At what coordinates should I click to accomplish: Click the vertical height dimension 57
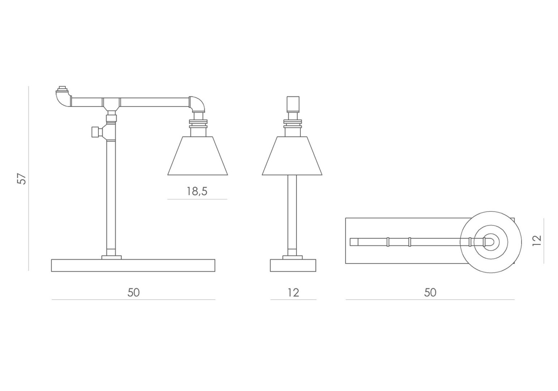(22, 179)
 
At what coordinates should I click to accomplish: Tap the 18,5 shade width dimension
(197, 192)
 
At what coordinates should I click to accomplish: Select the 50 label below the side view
(133, 293)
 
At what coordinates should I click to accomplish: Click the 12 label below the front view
(293, 293)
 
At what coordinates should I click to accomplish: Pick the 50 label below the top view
(430, 293)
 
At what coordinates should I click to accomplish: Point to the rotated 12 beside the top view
(537, 241)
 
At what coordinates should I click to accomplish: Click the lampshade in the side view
(198, 156)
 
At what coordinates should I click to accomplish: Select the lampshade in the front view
(292, 156)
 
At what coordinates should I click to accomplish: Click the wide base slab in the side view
(133, 265)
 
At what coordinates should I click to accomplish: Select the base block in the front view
(293, 265)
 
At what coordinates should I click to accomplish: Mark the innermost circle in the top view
(491, 241)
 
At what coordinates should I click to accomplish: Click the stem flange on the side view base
(111, 257)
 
